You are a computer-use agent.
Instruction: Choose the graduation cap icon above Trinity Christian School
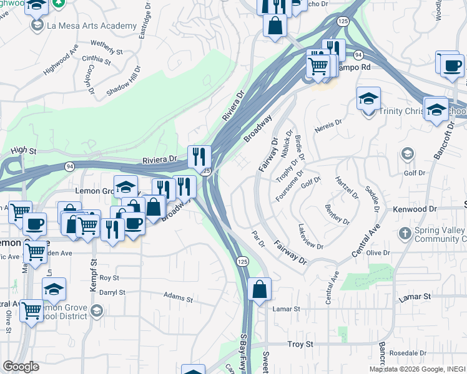368,98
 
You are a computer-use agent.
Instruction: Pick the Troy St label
299,344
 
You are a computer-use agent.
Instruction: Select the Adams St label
175,295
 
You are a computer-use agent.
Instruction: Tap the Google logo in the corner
21,367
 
